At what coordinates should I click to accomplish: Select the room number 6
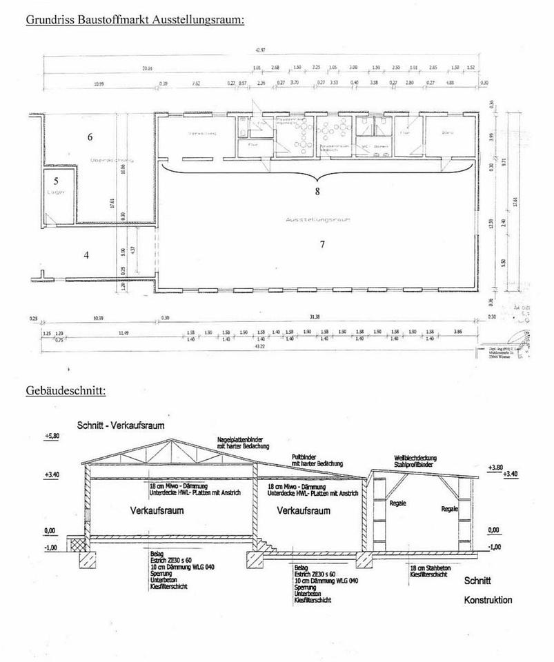[x=90, y=137]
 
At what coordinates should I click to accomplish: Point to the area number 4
[x=86, y=255]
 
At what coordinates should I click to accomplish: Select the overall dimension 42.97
[x=260, y=50]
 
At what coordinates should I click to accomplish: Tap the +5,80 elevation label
[x=53, y=437]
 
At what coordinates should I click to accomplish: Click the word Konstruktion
[x=488, y=600]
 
